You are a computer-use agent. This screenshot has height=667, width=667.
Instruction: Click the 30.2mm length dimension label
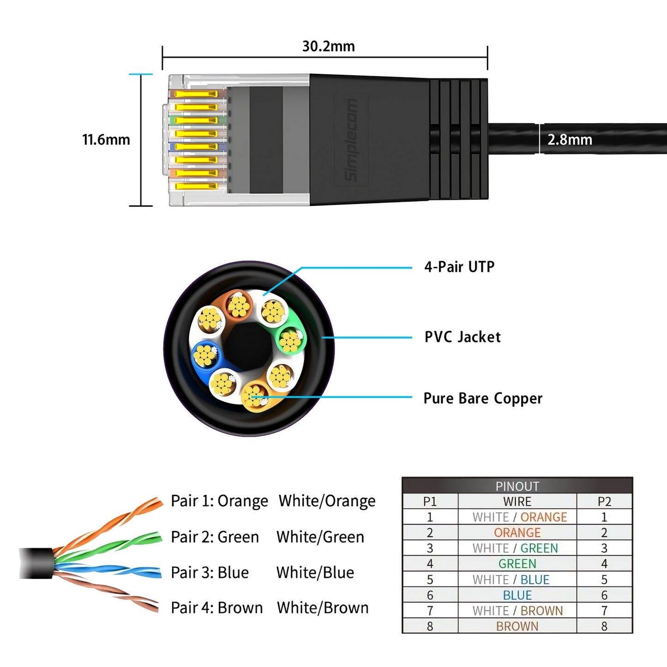pyautogui.click(x=328, y=46)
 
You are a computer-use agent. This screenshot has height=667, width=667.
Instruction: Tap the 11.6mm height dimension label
pyautogui.click(x=106, y=139)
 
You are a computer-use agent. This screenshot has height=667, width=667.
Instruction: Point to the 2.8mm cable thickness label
pyautogui.click(x=569, y=139)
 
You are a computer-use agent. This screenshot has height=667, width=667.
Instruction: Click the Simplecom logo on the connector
pyautogui.click(x=351, y=140)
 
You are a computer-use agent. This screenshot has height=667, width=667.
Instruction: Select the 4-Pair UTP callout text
pyautogui.click(x=459, y=267)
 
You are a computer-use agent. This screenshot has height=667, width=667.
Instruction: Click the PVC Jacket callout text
pyautogui.click(x=462, y=337)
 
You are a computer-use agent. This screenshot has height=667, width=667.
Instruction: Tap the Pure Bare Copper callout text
pyautogui.click(x=482, y=398)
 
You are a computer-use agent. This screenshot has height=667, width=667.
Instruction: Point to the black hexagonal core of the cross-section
pyautogui.click(x=247, y=346)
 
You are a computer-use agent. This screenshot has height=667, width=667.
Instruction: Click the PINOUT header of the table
pyautogui.click(x=517, y=486)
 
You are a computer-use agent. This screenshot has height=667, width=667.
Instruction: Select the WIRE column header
pyautogui.click(x=517, y=502)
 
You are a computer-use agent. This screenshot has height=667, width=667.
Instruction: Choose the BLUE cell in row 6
pyautogui.click(x=517, y=595)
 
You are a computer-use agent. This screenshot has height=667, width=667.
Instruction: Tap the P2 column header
pyautogui.click(x=604, y=502)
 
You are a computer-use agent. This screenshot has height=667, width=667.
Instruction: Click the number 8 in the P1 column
pyautogui.click(x=430, y=626)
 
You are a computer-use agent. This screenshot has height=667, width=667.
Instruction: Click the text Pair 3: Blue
pyautogui.click(x=210, y=572)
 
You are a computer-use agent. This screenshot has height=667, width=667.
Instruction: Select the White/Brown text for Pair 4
pyautogui.click(x=322, y=608)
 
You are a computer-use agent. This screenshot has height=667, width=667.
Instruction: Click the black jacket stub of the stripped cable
pyautogui.click(x=36, y=563)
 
